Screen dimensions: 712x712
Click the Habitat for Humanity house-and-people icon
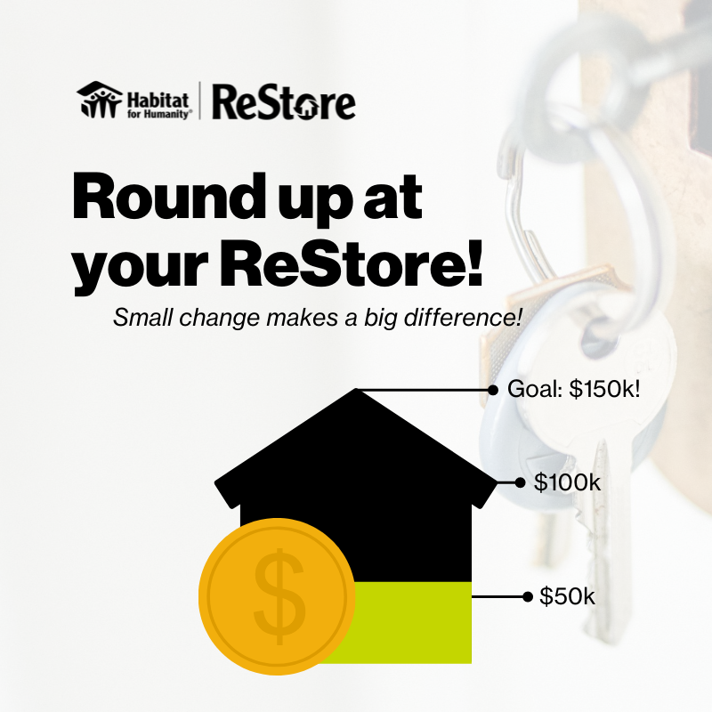pos(98,101)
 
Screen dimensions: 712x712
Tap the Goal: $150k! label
pos(573,389)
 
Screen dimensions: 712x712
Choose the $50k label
pos(567,595)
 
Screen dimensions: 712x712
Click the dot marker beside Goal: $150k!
pos(492,390)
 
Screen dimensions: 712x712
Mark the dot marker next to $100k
pos(520,482)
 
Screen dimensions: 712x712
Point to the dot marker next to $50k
pos(524,595)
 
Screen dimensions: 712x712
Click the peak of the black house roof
pos(356,392)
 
